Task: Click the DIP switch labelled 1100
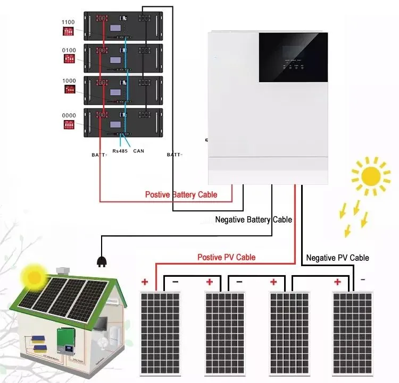tap(69, 32)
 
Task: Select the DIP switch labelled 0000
tap(69, 125)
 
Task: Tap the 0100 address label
tap(69, 50)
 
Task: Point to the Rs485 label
tap(120, 151)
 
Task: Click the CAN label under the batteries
tap(139, 151)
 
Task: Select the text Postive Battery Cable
tap(181, 194)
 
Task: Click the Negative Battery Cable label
tap(253, 219)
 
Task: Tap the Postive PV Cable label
tap(226, 257)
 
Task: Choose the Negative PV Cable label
tap(337, 258)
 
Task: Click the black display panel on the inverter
tap(293, 57)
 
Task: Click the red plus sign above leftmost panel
tap(144, 282)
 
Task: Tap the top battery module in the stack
tap(122, 25)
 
